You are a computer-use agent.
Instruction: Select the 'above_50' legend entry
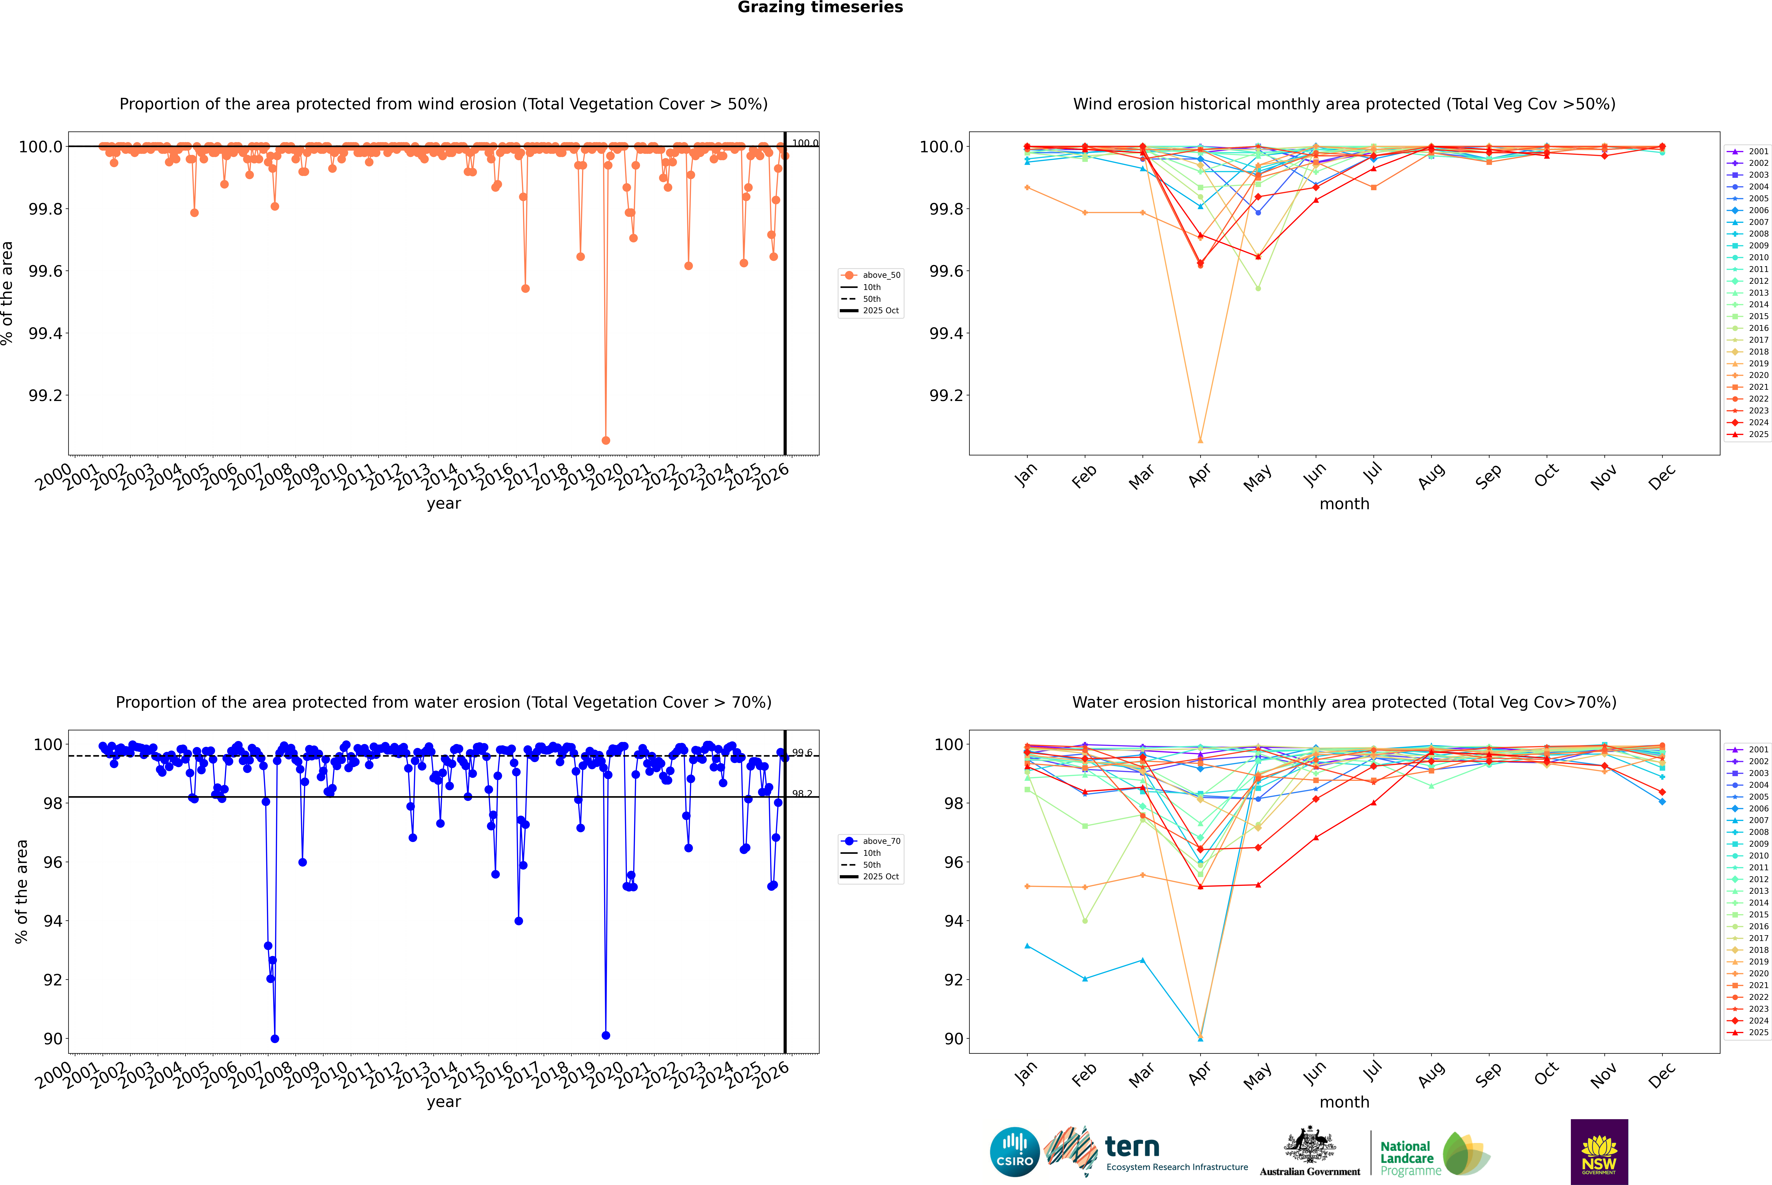point(881,275)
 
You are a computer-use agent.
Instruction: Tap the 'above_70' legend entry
point(881,841)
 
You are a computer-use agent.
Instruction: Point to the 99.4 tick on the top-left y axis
point(45,333)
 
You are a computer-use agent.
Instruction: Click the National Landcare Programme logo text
point(1406,1158)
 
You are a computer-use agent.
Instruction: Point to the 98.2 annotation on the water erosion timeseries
point(802,794)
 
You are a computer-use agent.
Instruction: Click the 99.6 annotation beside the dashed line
point(802,753)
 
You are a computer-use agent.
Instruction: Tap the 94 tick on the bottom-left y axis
point(53,921)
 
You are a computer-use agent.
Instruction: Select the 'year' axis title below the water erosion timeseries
point(443,1102)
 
